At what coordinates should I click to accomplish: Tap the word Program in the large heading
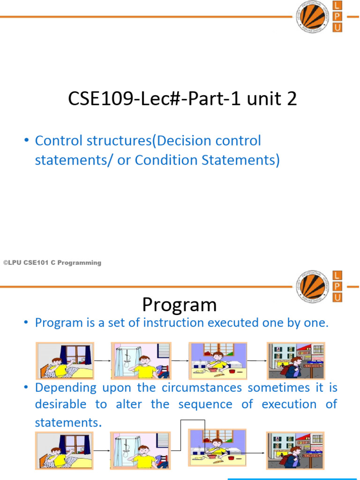pos(180,305)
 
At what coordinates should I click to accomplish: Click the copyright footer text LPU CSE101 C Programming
pos(52,263)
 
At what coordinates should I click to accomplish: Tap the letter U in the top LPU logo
pos(337,28)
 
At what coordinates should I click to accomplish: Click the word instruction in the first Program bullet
pos(175,322)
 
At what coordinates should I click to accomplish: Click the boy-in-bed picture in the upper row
pos(65,360)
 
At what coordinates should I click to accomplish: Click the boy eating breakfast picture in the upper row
pos(217,360)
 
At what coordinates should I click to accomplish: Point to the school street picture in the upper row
pos(296,360)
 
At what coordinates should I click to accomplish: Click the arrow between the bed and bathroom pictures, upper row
pos(103,361)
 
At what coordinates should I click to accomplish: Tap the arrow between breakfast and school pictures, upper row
pos(257,361)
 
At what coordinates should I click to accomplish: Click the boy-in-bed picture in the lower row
pos(65,450)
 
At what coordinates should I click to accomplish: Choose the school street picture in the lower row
pos(296,450)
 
